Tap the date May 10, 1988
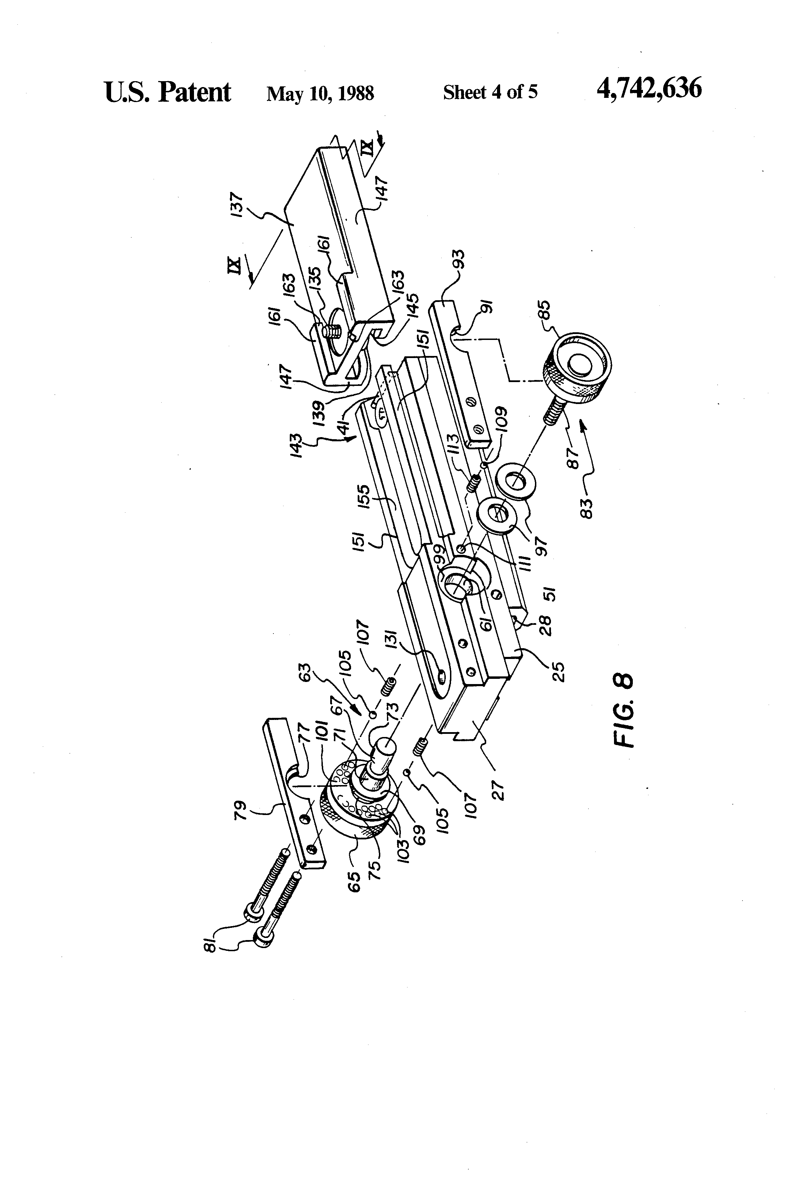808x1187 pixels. coord(320,93)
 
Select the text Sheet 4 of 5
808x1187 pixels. coord(490,92)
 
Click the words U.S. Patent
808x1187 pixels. coord(168,92)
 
